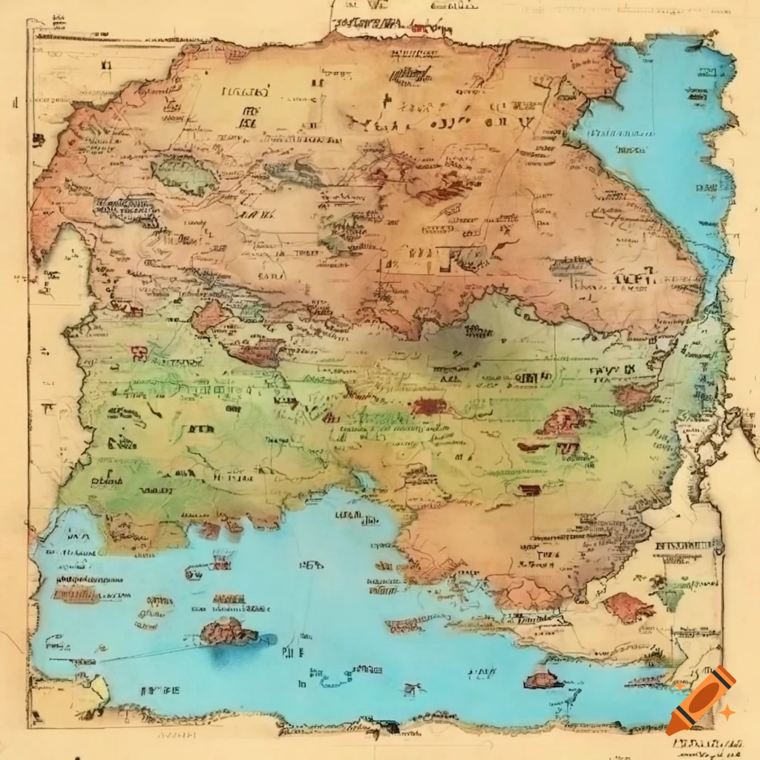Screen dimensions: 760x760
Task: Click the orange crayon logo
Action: [700, 700]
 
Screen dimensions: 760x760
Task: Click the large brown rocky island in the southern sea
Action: [228, 632]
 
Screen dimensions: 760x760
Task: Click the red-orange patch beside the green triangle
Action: [629, 606]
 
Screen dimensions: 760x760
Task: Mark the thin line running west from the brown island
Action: [148, 653]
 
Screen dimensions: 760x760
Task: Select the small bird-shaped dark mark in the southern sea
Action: [410, 689]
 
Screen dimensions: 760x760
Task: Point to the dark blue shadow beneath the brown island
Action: [230, 653]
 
